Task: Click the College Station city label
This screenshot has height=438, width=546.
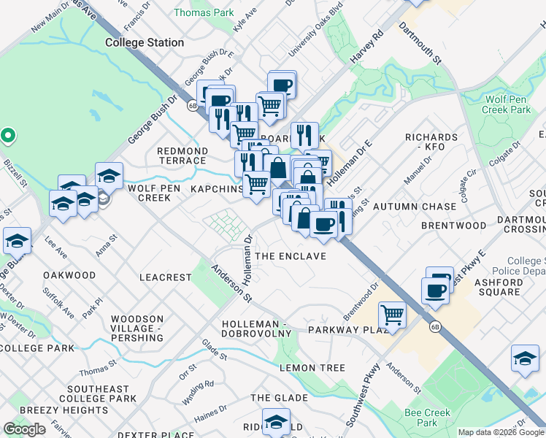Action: (x=145, y=42)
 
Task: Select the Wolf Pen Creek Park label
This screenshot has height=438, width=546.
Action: (x=507, y=104)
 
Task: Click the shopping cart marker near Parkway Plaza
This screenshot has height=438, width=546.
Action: (x=393, y=315)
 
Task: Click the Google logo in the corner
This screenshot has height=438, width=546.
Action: (x=24, y=429)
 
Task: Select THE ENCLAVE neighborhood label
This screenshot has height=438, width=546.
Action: (x=290, y=257)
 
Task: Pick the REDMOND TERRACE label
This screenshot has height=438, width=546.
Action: (x=182, y=155)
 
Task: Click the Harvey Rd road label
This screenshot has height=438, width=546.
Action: (x=367, y=50)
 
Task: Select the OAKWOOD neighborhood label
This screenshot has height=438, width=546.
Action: (x=69, y=275)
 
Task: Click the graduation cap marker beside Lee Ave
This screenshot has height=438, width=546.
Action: (x=64, y=204)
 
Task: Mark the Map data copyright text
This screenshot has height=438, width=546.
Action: (x=501, y=432)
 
